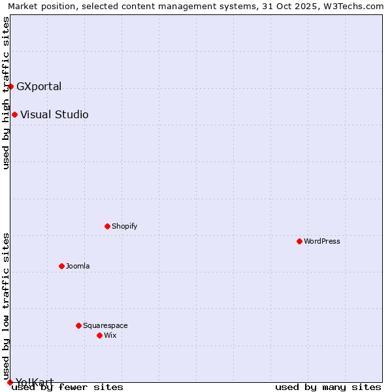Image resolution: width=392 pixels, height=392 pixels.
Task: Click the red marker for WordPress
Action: click(x=300, y=241)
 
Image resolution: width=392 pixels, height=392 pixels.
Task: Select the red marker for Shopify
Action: click(x=108, y=226)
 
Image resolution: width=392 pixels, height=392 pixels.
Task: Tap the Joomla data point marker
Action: click(x=62, y=266)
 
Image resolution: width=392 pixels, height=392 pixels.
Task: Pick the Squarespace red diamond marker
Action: click(x=79, y=325)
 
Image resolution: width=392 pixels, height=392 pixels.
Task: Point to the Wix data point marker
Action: click(x=100, y=335)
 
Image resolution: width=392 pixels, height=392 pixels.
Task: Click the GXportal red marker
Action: click(x=10, y=86)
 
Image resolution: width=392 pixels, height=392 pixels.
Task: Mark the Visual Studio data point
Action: click(x=14, y=114)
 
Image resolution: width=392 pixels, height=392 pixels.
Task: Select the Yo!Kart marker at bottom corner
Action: click(x=10, y=382)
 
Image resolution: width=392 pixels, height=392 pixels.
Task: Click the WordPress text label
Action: click(x=322, y=241)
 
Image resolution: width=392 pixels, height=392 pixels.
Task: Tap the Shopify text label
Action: click(x=124, y=226)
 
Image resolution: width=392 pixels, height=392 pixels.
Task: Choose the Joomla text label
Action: click(x=78, y=266)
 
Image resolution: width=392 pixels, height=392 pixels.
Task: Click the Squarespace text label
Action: click(x=105, y=325)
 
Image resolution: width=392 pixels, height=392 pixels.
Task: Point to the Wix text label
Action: click(x=110, y=335)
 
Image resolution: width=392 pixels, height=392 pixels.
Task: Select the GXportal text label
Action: click(x=39, y=86)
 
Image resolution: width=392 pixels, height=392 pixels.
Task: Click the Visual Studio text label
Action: click(x=54, y=114)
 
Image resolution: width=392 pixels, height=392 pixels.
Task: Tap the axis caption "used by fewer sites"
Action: click(x=68, y=387)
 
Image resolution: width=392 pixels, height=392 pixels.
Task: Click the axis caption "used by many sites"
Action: click(x=328, y=387)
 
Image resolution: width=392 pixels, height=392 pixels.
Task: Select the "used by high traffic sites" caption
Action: click(x=6, y=93)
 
